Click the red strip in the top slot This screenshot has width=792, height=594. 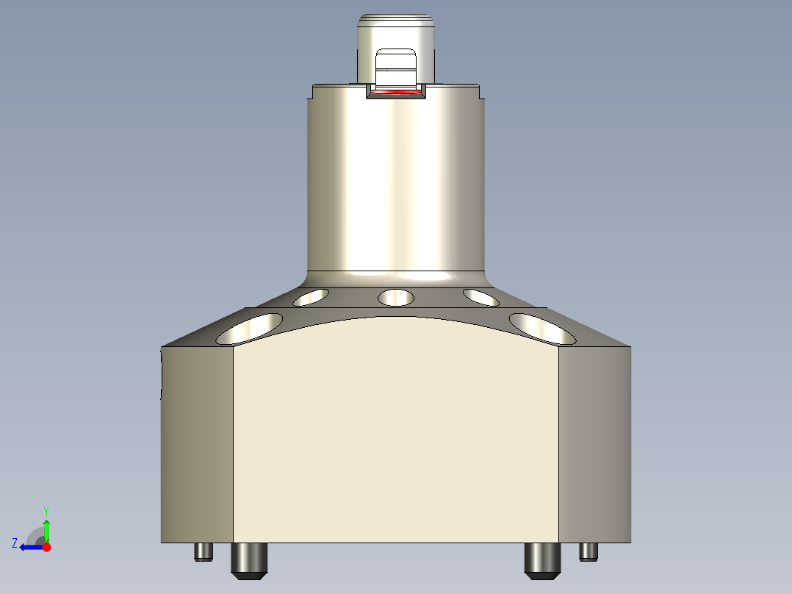click(x=395, y=93)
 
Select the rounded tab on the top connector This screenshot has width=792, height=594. click(x=395, y=66)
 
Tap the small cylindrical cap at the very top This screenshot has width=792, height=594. click(x=395, y=29)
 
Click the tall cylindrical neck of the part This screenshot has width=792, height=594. click(x=395, y=184)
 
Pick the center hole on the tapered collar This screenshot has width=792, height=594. click(x=395, y=298)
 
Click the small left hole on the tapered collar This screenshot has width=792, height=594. click(x=312, y=298)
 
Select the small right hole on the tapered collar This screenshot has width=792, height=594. click(x=481, y=297)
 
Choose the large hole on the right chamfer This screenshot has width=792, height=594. click(x=542, y=328)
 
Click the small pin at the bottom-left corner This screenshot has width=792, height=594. click(x=204, y=551)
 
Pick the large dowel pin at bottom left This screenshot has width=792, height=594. click(x=250, y=559)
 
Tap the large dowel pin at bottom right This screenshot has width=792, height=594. click(x=542, y=559)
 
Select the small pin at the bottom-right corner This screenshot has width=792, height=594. click(x=588, y=551)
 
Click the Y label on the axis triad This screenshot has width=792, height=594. click(x=46, y=510)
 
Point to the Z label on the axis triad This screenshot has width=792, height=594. click(x=15, y=543)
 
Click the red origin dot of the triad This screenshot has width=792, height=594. click(x=46, y=547)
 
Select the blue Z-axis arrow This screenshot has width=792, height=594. click(x=31, y=547)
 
